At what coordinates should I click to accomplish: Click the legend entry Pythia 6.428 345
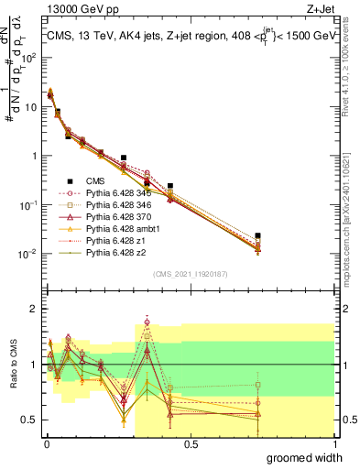tap(118, 193)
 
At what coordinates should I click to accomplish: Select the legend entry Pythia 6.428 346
tap(118, 204)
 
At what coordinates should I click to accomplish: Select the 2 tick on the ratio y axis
tap(33, 309)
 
